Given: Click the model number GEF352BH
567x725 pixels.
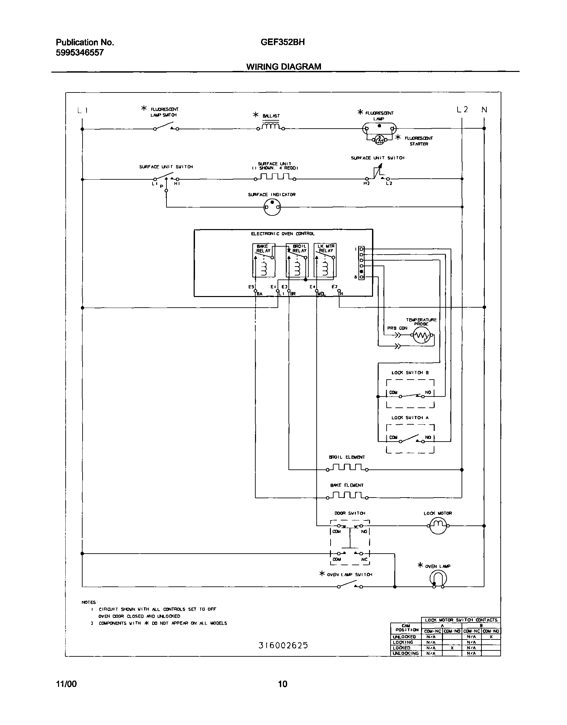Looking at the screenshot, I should point(283,42).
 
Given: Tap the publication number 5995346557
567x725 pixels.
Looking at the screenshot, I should point(80,52).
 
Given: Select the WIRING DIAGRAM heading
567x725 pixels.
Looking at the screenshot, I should point(283,67).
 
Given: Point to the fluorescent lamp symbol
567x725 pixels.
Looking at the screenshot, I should point(379,129).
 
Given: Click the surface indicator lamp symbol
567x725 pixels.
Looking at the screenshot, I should point(272,208).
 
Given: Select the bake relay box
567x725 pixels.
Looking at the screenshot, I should point(264,260).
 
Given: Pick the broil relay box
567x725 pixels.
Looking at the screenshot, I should point(297,260).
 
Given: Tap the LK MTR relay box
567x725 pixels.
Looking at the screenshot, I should point(325,260).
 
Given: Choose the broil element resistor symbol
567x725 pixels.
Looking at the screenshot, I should point(347,468).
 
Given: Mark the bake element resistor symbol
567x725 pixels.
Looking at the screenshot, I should point(347,496).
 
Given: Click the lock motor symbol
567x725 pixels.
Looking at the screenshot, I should point(438,526).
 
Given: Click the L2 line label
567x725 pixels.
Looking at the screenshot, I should point(462,109).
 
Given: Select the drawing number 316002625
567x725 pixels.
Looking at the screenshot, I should point(283,645).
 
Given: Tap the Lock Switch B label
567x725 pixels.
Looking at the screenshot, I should point(410,373).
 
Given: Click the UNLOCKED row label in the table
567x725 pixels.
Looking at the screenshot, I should point(404,637).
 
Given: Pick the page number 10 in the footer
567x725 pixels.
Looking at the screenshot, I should point(283,684).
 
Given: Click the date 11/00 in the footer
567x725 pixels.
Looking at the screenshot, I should point(66,684).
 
